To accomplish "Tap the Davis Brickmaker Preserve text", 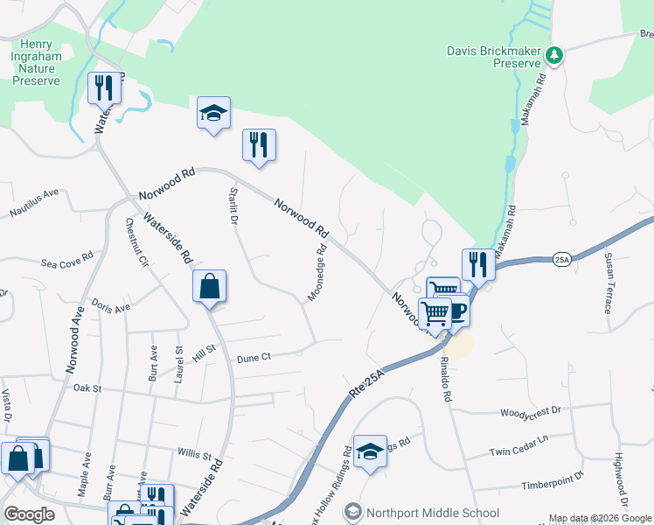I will (493, 56).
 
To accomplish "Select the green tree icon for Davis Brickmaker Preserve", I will (553, 56).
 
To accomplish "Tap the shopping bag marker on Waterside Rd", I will (210, 286).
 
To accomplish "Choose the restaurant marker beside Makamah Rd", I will (478, 262).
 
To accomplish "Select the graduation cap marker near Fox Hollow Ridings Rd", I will (371, 451).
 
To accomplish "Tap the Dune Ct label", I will (254, 357).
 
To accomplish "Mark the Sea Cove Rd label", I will (66, 262).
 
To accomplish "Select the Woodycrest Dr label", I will (530, 411).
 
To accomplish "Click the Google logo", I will (30, 514).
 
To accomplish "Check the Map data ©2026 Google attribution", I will (600, 518).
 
